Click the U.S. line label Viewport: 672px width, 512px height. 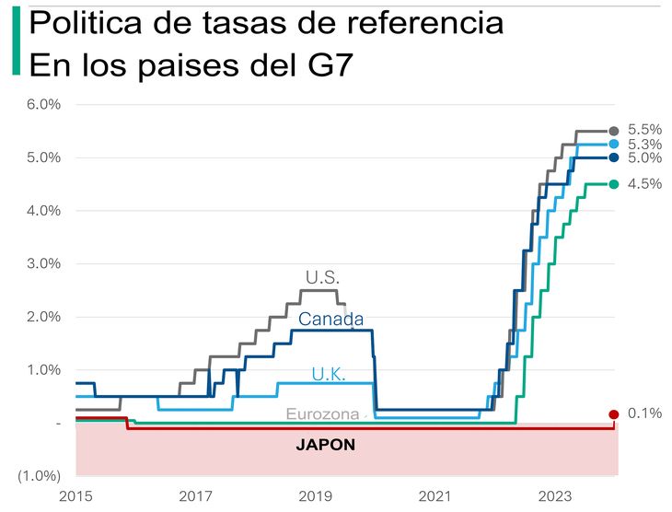coord(323,276)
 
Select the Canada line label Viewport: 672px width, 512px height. coord(331,320)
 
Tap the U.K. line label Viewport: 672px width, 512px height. coord(329,374)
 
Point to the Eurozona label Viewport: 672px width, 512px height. coord(322,414)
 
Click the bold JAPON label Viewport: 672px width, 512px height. coord(325,444)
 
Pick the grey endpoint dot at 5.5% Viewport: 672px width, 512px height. coord(614,132)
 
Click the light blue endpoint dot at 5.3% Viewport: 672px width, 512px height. coord(614,145)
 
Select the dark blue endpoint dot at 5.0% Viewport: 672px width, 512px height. coord(614,157)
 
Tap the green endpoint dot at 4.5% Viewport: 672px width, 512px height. coord(614,184)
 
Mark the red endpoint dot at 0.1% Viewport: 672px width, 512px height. coord(614,415)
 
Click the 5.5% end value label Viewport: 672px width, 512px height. coord(644,131)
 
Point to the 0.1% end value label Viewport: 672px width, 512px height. coord(644,413)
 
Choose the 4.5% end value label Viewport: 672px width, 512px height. coord(644,183)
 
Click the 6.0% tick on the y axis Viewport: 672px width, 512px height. coord(43,104)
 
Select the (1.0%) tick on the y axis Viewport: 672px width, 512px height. coord(41,476)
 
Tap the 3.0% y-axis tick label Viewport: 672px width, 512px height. coord(43,263)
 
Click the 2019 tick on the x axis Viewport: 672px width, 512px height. coord(316,496)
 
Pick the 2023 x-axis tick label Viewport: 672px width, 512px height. coord(555,496)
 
